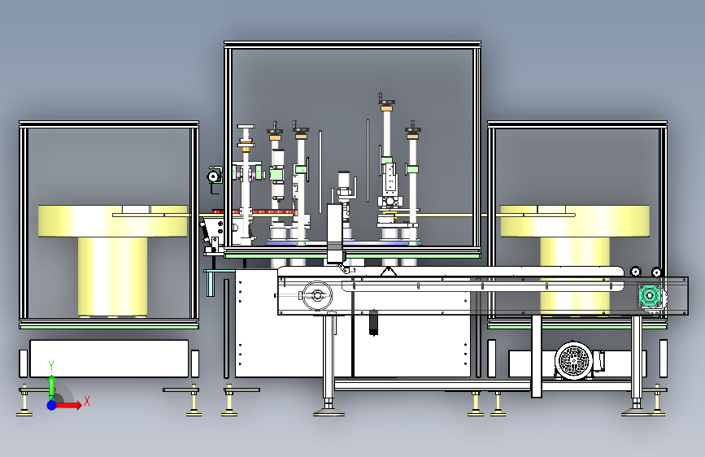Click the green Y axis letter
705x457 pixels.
[x=51, y=365]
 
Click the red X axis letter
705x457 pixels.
[x=87, y=401]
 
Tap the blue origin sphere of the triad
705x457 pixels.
[x=52, y=405]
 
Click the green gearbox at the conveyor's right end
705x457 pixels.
[x=651, y=295]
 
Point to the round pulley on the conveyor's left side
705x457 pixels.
[x=317, y=295]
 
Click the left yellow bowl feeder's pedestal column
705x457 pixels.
[x=112, y=276]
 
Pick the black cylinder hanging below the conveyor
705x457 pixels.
[x=373, y=323]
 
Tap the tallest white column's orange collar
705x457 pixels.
[x=386, y=108]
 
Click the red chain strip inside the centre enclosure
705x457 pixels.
[x=265, y=211]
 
